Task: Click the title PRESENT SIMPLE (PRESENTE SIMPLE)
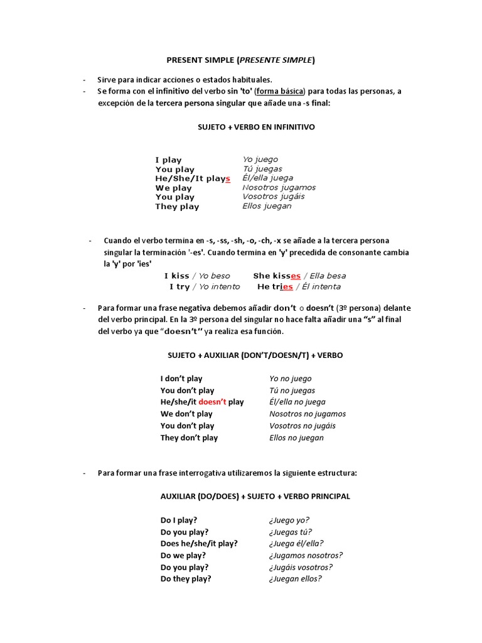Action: point(240,60)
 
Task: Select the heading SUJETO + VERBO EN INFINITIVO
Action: point(256,127)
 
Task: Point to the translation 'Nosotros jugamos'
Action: point(279,187)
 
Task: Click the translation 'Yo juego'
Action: point(260,159)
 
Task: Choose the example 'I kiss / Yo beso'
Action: point(197,276)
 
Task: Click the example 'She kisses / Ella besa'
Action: point(299,276)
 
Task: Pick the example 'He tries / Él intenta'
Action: point(299,287)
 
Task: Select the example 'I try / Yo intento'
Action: point(205,287)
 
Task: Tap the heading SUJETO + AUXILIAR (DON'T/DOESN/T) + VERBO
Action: point(255,355)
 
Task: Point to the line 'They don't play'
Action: point(189,438)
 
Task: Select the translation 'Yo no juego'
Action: point(290,379)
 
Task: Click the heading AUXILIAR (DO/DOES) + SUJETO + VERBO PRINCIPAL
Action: point(255,496)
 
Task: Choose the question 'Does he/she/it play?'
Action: point(199,544)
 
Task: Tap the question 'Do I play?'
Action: point(179,520)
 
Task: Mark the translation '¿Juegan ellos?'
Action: point(295,579)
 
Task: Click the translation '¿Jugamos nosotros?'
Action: point(306,555)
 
